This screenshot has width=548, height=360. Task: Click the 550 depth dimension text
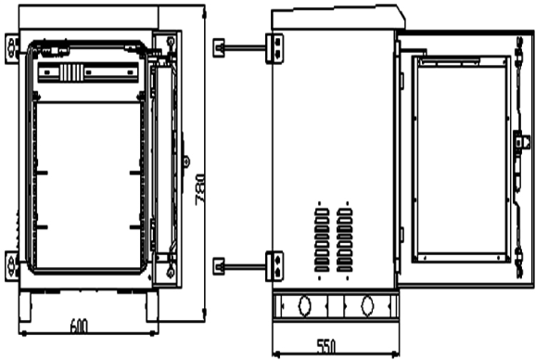click(x=326, y=346)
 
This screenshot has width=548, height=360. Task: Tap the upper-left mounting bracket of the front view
click(x=12, y=44)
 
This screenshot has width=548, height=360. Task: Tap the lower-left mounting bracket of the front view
click(x=12, y=267)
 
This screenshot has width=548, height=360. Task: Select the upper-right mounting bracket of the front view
click(x=171, y=44)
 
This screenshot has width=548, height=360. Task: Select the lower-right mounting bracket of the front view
click(x=171, y=267)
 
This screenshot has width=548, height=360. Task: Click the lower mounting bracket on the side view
click(x=276, y=264)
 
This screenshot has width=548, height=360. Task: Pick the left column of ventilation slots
click(x=322, y=238)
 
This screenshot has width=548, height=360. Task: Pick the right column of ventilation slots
click(x=345, y=238)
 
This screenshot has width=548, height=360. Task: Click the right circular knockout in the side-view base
click(x=369, y=304)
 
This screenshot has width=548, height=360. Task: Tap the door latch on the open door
click(x=521, y=145)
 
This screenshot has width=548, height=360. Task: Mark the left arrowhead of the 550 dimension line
click(x=275, y=353)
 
